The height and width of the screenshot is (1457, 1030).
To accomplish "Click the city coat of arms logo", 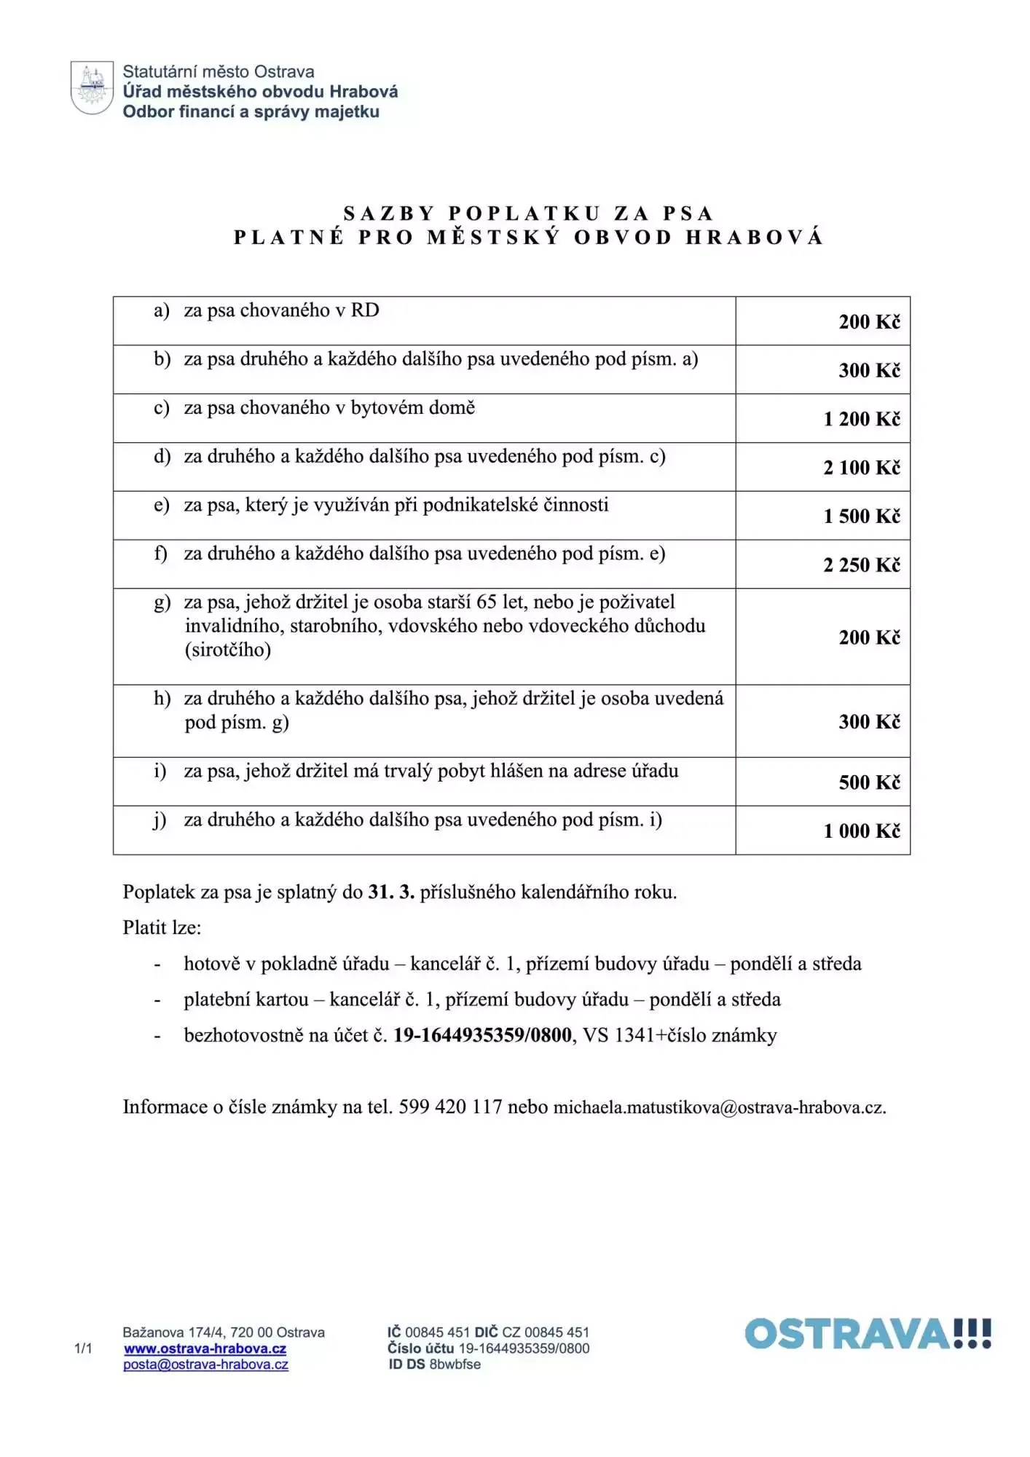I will coord(92,88).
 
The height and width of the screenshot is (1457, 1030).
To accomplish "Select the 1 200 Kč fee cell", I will coord(862,419).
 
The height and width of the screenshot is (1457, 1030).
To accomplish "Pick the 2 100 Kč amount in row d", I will coord(862,468).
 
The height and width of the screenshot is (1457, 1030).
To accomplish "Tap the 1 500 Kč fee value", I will coord(862,517).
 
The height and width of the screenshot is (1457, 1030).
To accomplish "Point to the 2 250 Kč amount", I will coord(862,565).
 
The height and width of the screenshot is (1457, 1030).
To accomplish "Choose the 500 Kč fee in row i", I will coord(869,782).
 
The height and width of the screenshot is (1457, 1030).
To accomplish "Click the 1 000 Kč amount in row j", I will coord(862,831).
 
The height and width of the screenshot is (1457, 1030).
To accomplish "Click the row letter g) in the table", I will coord(162,603).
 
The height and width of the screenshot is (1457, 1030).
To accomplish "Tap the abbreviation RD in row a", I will coord(365,310).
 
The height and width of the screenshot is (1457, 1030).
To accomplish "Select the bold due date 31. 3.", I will coord(391,892).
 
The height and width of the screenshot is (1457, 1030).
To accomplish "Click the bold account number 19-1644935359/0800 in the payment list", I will coord(482,1035).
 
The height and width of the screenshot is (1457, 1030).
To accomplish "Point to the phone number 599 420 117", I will coord(450,1107).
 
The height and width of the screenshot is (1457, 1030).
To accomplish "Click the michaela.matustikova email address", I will coord(719,1108).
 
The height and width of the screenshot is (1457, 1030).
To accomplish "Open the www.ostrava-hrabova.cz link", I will coord(205,1349).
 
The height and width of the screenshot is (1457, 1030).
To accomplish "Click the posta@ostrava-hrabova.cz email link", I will coord(205,1365).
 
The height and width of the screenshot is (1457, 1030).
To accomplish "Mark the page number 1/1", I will coord(83,1348).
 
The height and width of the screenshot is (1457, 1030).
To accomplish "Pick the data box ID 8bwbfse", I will coord(455,1364).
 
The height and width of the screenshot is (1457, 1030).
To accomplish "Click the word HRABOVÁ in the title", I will coord(754,237).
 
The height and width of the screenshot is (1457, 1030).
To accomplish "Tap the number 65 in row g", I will coord(487,602).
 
